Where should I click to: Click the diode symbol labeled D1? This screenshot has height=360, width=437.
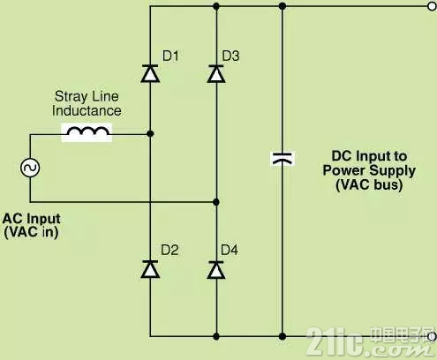tap(150, 73)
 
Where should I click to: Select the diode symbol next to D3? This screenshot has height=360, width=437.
tap(216, 73)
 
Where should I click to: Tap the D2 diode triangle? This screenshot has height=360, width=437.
tap(150, 269)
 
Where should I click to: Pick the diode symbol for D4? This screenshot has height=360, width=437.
tap(216, 270)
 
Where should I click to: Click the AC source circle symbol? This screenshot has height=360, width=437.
tap(30, 168)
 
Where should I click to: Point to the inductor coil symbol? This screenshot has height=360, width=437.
tap(87, 132)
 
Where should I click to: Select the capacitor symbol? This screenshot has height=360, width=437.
tap(283, 158)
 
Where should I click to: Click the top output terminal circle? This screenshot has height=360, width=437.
tap(432, 6)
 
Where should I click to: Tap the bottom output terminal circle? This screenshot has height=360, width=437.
tap(432, 336)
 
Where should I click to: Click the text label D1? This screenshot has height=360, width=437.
tap(170, 56)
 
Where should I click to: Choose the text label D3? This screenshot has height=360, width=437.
tap(230, 56)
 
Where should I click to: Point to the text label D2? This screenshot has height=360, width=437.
tap(170, 250)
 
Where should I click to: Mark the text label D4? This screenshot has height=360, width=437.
tap(230, 250)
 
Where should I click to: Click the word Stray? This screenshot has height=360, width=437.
tap(71, 97)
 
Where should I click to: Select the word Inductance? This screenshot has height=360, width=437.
tap(87, 111)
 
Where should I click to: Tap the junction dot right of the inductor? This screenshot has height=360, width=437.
tap(150, 134)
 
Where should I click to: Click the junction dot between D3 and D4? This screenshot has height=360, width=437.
tap(216, 202)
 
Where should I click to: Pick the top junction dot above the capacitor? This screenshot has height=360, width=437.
tap(283, 6)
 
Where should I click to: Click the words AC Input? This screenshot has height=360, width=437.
tap(32, 219)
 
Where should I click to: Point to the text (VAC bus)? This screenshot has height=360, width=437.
tap(369, 184)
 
